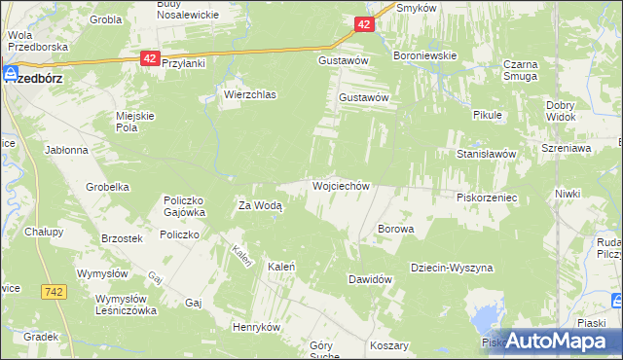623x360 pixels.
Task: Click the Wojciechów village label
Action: coord(340,185)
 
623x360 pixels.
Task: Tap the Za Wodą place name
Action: coord(260,205)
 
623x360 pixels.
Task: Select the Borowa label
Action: coord(395,230)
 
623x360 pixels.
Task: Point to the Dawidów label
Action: coord(370,279)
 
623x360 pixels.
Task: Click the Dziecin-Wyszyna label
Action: coord(452,268)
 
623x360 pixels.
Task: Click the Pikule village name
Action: coord(486,115)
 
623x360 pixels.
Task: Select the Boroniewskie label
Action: coord(424,55)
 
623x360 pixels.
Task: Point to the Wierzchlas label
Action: coord(250,95)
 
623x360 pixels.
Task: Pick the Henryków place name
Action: coord(256,327)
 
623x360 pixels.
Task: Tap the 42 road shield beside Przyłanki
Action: coord(149,59)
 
